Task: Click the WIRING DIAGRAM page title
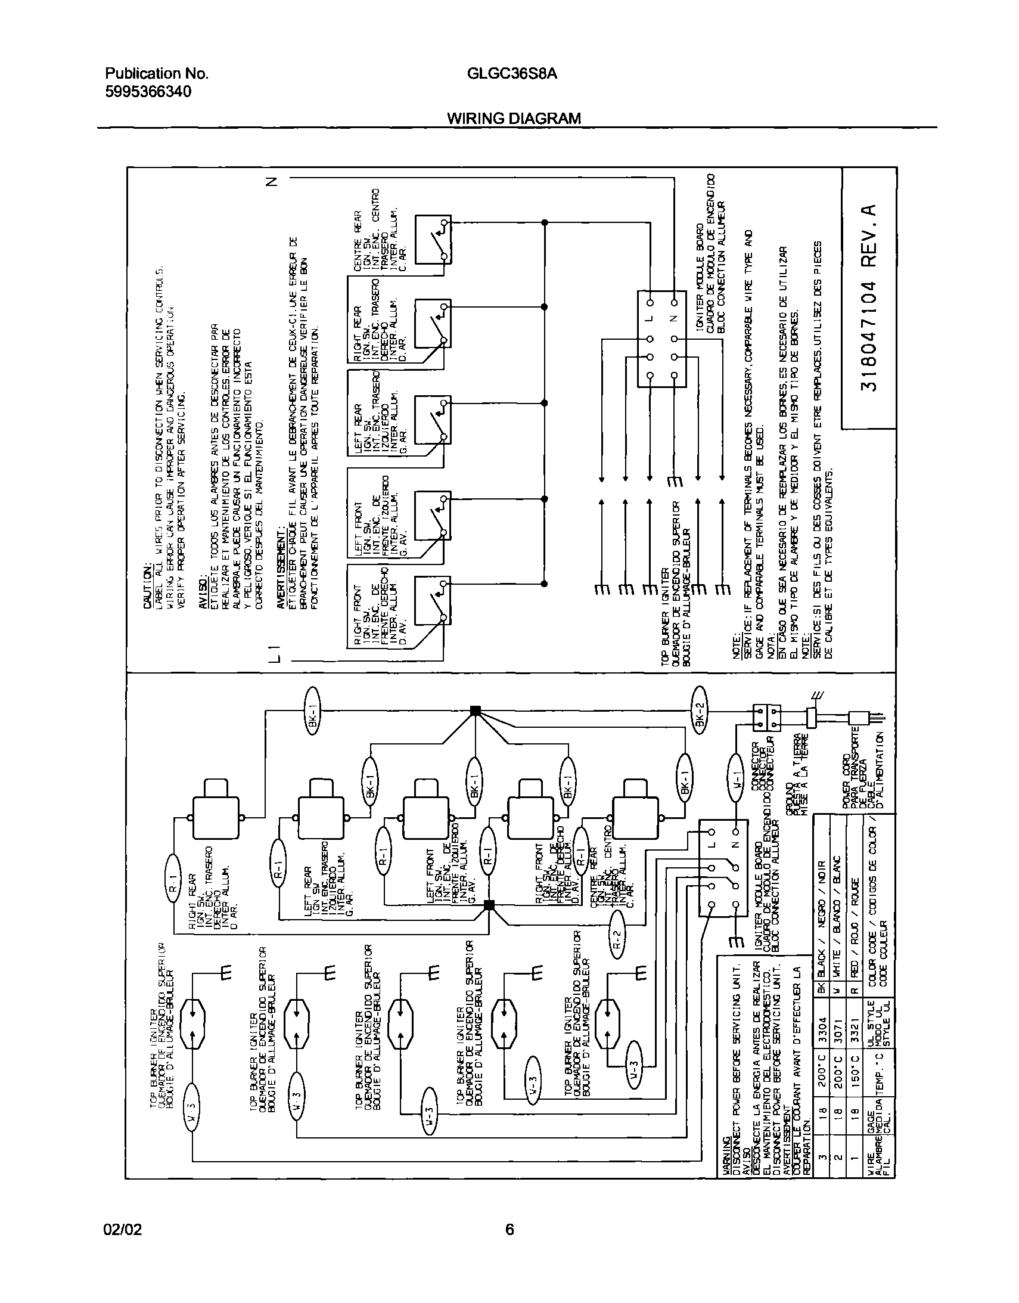click(x=514, y=118)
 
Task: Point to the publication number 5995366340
click(x=148, y=92)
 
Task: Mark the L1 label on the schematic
click(x=275, y=653)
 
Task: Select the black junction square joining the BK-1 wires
click(x=476, y=711)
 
